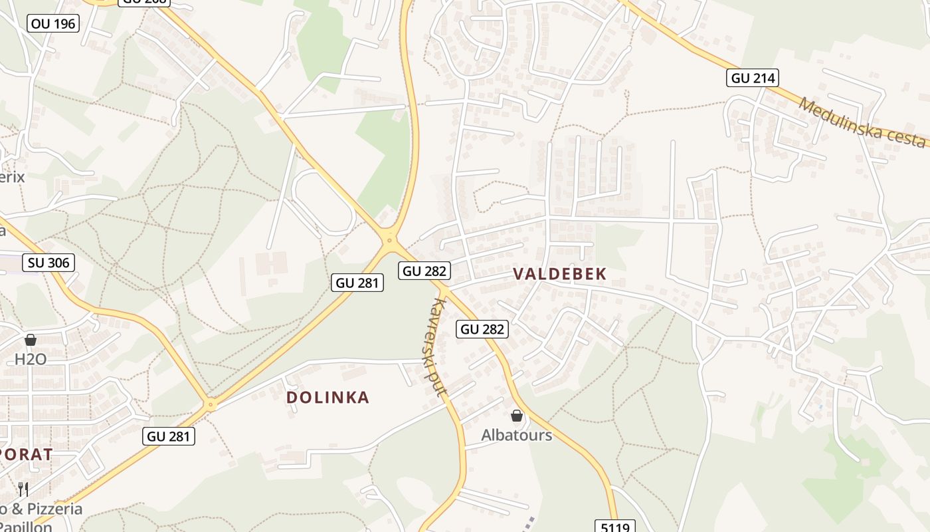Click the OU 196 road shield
(x=54, y=24)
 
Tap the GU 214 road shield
(x=753, y=78)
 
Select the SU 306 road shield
(x=48, y=263)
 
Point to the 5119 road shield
(x=614, y=526)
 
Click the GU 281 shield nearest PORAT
(x=169, y=436)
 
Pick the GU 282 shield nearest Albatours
(x=483, y=329)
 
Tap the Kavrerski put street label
(x=438, y=346)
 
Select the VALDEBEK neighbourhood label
(x=560, y=274)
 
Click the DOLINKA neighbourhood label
(x=327, y=398)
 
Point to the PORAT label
(x=25, y=455)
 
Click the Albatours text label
(x=516, y=436)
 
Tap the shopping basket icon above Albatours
(x=517, y=416)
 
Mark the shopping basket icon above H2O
(x=30, y=340)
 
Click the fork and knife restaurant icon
(x=23, y=489)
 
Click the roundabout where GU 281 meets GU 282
(x=389, y=240)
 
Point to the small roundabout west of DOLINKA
(x=211, y=404)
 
